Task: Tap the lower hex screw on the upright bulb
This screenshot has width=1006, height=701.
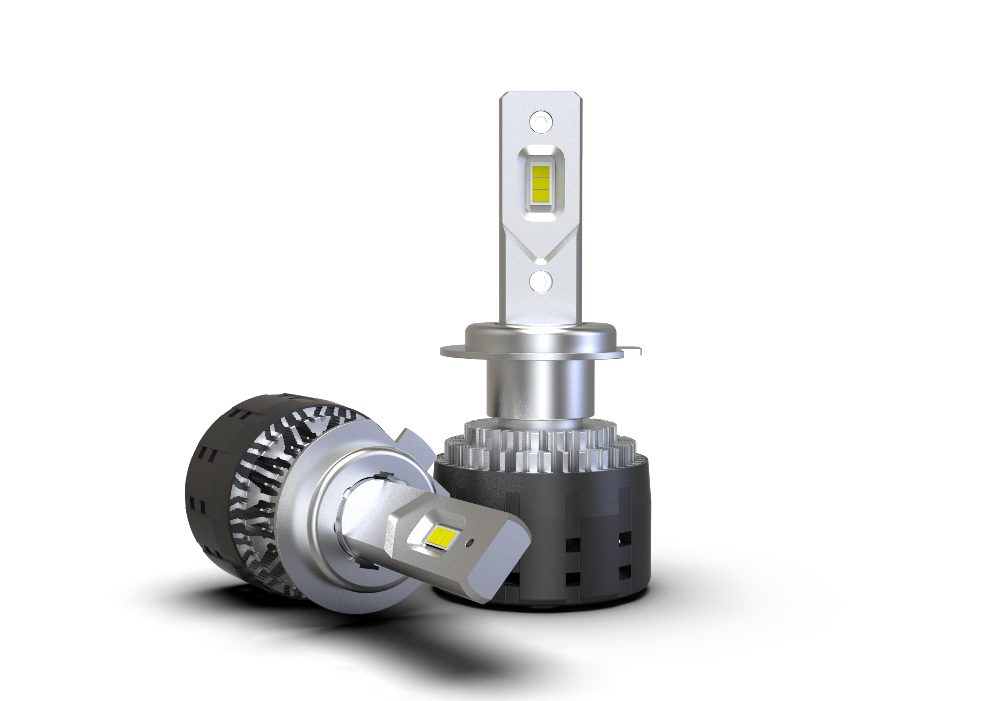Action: pyautogui.click(x=542, y=282)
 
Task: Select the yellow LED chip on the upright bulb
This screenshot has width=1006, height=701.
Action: pyautogui.click(x=542, y=184)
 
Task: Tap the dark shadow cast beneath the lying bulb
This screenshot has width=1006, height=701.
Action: pyautogui.click(x=351, y=635)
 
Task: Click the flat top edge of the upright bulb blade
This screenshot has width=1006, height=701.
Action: pyautogui.click(x=542, y=92)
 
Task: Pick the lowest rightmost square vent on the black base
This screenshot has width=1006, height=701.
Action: pyautogui.click(x=626, y=571)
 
